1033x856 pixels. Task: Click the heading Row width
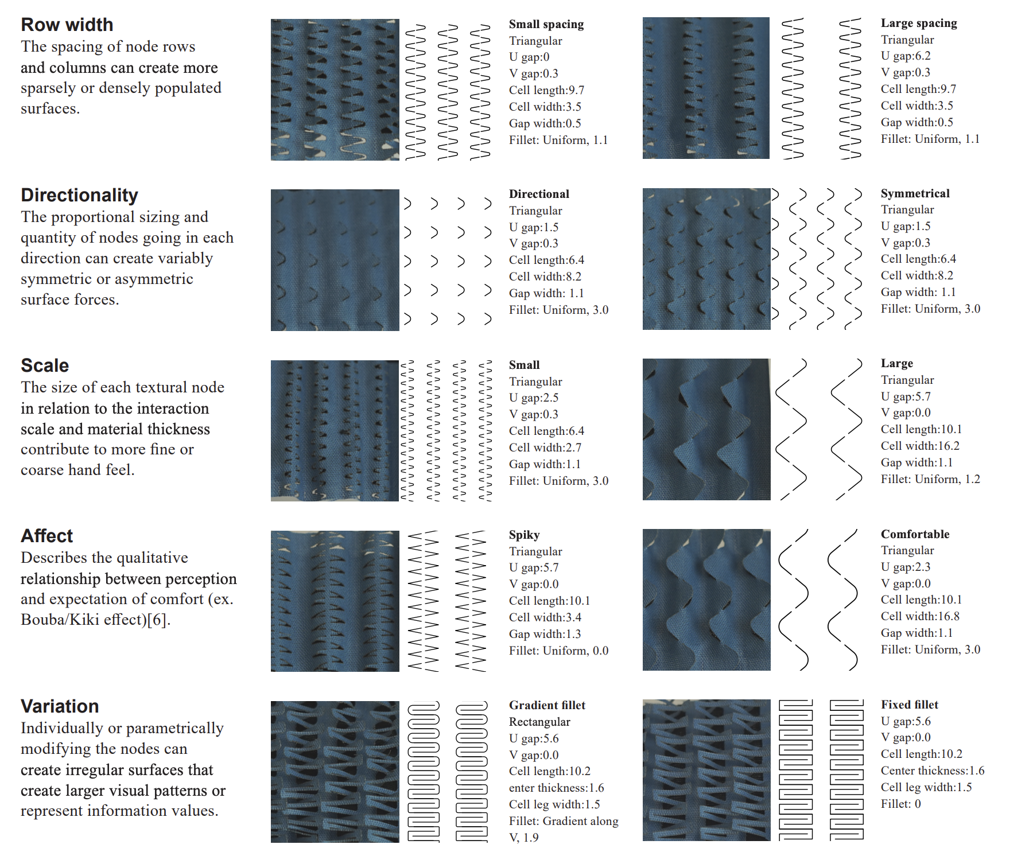click(67, 25)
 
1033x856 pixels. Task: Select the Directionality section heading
click(79, 195)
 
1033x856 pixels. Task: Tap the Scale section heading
click(45, 365)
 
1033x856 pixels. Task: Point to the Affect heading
click(47, 536)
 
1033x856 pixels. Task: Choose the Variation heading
click(60, 706)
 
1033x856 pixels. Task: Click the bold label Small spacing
click(546, 24)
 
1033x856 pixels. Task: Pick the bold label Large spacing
click(919, 23)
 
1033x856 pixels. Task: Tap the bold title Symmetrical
click(915, 193)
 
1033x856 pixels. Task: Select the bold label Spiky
click(524, 535)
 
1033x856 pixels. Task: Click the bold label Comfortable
click(915, 534)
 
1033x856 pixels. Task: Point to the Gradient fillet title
click(547, 705)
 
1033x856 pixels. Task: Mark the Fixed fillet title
click(909, 705)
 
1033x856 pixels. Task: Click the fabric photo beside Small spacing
click(335, 90)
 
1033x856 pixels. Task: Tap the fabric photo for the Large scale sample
click(706, 429)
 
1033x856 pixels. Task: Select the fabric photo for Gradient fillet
click(335, 771)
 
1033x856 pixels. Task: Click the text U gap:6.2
click(906, 56)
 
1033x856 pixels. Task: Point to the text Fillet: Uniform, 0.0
click(558, 651)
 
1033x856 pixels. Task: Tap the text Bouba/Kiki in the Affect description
click(60, 620)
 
